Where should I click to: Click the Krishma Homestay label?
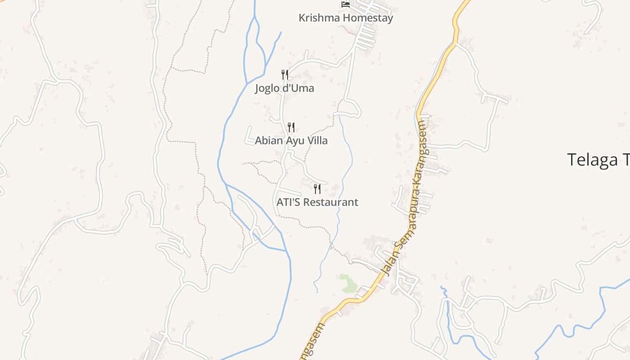[346, 18]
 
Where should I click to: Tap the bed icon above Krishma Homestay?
[346, 4]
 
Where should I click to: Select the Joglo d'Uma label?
[284, 88]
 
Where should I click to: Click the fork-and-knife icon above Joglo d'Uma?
[284, 74]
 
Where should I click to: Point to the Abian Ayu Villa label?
[291, 140]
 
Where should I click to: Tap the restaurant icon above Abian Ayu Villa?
[291, 127]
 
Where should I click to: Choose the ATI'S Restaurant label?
[317, 202]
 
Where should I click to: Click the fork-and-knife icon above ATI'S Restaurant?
[317, 189]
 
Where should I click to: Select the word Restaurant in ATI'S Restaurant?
[331, 202]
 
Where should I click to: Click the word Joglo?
[267, 88]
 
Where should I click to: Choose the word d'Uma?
[298, 88]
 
